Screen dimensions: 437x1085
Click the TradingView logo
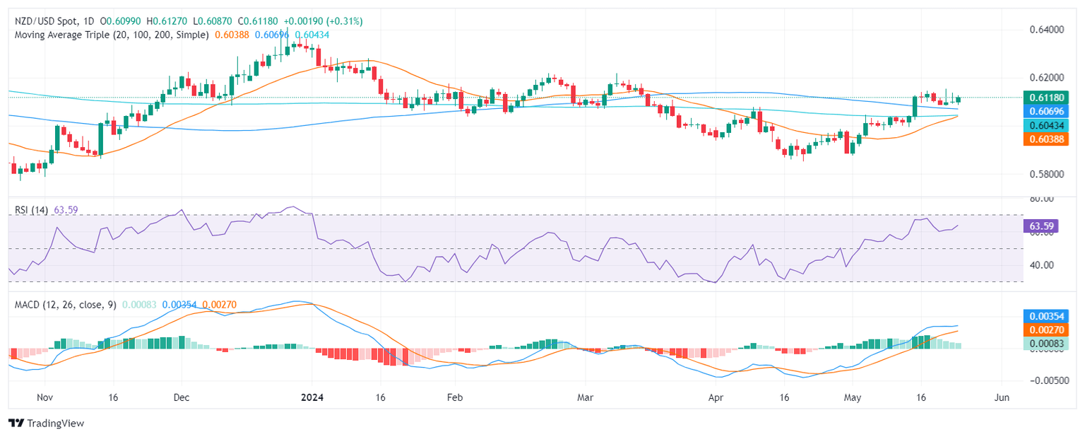coord(47,423)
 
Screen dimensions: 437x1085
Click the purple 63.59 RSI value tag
coord(1043,226)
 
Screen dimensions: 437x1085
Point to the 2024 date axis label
coord(312,397)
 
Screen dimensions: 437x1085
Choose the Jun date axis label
coord(1001,397)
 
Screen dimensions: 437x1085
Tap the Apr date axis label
coord(717,397)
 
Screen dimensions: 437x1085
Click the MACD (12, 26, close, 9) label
coord(63,305)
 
